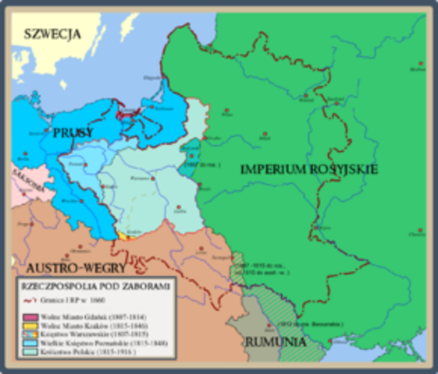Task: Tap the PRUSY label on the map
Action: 73,132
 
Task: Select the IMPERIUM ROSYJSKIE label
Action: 309,169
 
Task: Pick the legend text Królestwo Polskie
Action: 82,352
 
